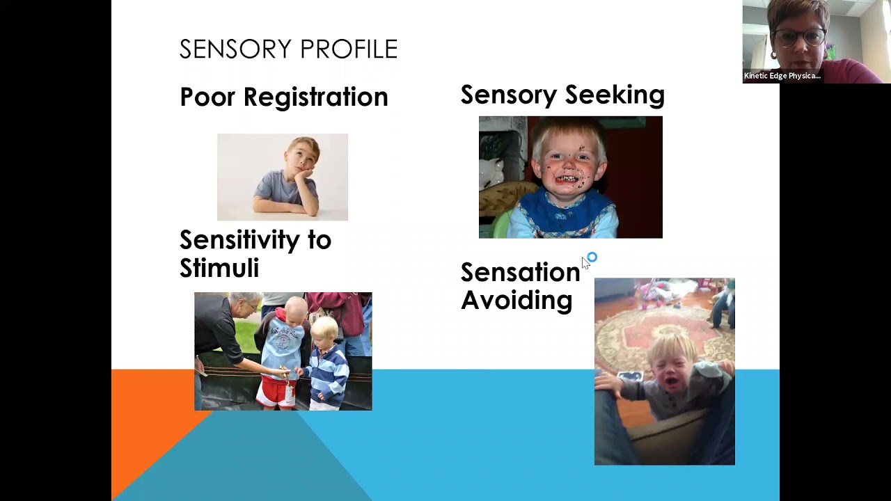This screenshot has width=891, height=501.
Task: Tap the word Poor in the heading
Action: coord(207,97)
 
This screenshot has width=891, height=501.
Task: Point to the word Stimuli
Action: coord(219,268)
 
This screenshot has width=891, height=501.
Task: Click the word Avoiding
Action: coord(516,301)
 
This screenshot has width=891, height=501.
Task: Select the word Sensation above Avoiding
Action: coord(519,272)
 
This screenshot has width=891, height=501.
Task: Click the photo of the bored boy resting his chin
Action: coord(282,177)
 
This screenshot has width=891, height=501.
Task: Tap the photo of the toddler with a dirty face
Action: coord(570,177)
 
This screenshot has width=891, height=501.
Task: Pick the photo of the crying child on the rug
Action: coord(664,371)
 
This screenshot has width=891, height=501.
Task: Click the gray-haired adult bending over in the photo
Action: coord(223,334)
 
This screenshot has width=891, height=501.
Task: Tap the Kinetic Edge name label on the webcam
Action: coord(782,76)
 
